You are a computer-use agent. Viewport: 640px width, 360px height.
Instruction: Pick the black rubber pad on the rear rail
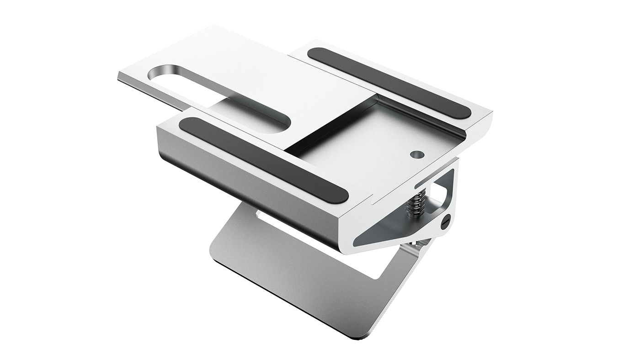pos(389,83)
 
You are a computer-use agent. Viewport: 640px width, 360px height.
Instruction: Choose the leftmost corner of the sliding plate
pos(120,76)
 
